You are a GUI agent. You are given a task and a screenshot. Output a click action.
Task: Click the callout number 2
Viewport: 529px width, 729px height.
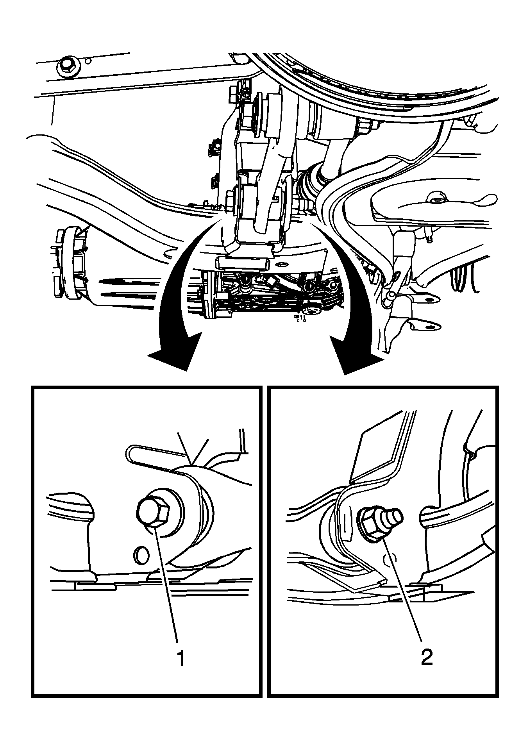coord(426,658)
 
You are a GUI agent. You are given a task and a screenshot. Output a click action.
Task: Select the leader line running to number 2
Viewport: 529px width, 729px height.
coord(402,594)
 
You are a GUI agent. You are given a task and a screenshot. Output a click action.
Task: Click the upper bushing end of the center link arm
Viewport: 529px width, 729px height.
coord(270,114)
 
